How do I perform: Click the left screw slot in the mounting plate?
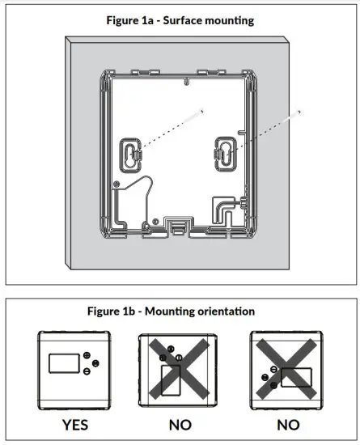[129, 155]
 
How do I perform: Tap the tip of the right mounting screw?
[301, 109]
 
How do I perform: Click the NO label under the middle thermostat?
[180, 423]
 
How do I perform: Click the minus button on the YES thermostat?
[87, 371]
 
